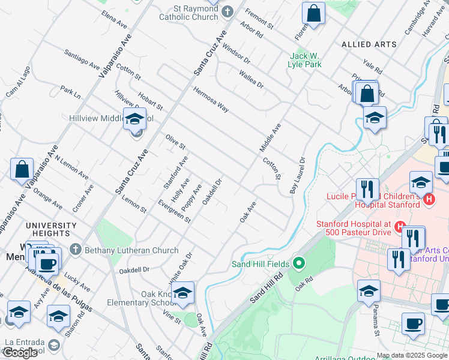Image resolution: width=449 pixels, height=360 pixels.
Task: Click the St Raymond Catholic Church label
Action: (188, 13)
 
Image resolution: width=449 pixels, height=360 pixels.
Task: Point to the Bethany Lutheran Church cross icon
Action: (75, 250)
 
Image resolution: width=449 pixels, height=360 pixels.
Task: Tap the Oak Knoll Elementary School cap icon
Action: (183, 293)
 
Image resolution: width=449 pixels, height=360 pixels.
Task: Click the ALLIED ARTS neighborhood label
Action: (369, 44)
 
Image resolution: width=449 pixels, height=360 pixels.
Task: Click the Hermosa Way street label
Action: (211, 100)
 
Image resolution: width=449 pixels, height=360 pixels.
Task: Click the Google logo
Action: (20, 353)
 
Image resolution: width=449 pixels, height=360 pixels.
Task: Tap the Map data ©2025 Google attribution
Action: (412, 355)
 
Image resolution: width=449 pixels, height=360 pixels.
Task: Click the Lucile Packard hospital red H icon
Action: (429, 199)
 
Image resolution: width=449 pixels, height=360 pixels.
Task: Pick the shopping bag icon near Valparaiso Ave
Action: (22, 169)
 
